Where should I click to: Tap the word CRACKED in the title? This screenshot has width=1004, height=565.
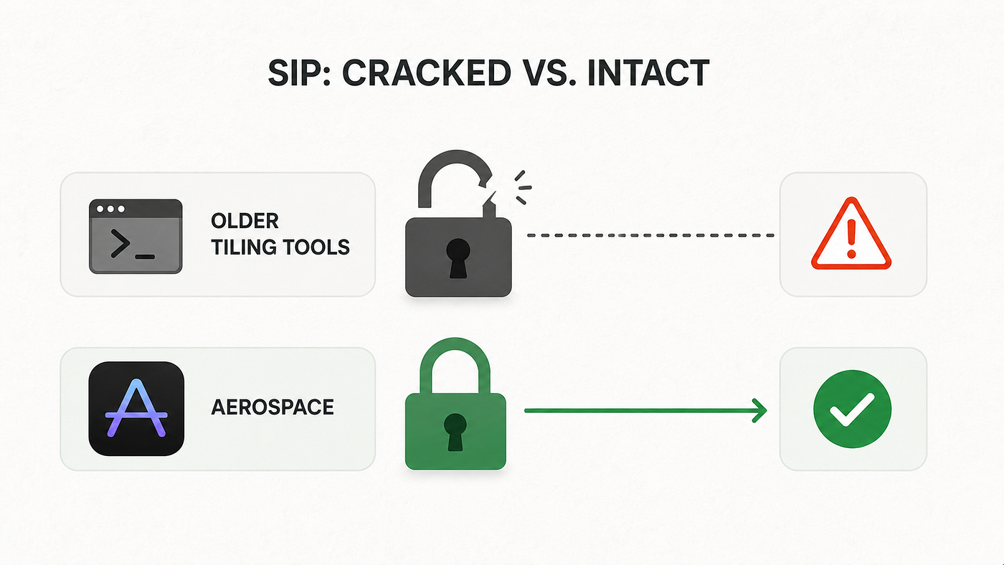426,72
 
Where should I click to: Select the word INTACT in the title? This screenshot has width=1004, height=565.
648,72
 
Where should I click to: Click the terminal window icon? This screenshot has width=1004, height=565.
136,236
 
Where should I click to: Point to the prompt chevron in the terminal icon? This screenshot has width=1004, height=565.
120,243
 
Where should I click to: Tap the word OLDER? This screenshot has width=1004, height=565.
245,221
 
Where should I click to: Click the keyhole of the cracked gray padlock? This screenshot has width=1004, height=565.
458,257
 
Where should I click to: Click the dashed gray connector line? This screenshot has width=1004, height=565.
650,235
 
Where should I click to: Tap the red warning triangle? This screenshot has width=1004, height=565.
851,234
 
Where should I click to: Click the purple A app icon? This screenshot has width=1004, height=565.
136,409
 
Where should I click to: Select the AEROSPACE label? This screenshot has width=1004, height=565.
273,407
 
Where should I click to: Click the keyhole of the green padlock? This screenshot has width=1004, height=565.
455,432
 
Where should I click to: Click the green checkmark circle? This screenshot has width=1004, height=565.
852,409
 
